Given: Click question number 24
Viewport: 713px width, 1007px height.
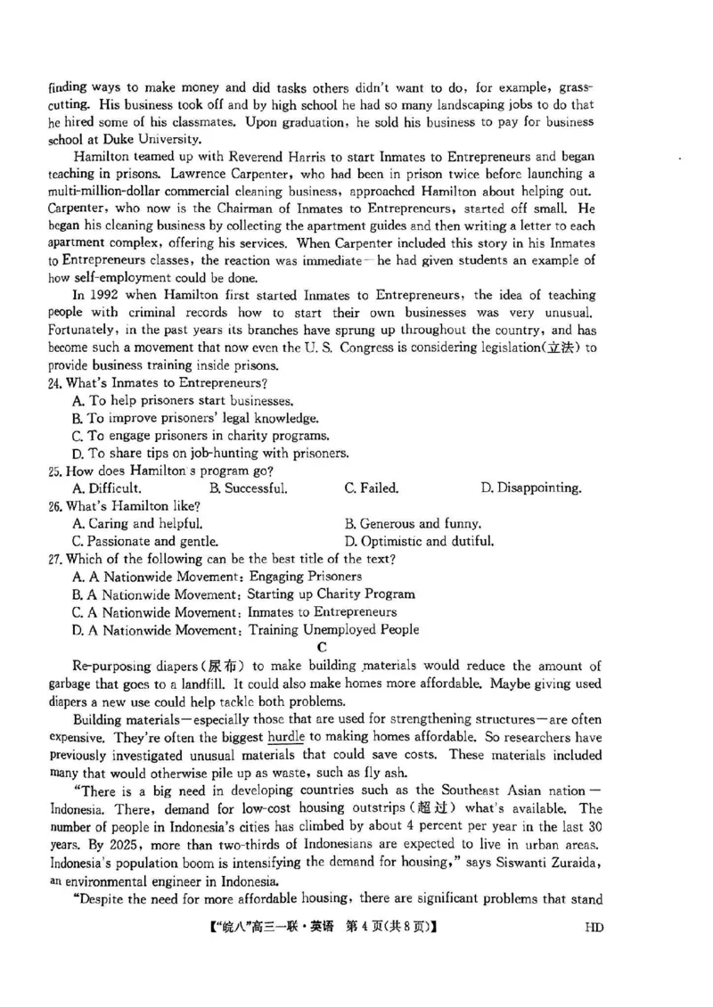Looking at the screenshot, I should click(56, 382).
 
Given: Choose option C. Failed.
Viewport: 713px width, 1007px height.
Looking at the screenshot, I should click(372, 488).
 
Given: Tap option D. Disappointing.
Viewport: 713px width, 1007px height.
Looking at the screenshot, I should click(531, 488).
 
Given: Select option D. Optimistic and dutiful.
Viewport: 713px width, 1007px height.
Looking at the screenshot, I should click(419, 541).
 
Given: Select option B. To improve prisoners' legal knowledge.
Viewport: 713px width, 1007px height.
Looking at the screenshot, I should click(194, 418).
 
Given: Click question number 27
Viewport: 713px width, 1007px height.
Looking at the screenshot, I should click(56, 559).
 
